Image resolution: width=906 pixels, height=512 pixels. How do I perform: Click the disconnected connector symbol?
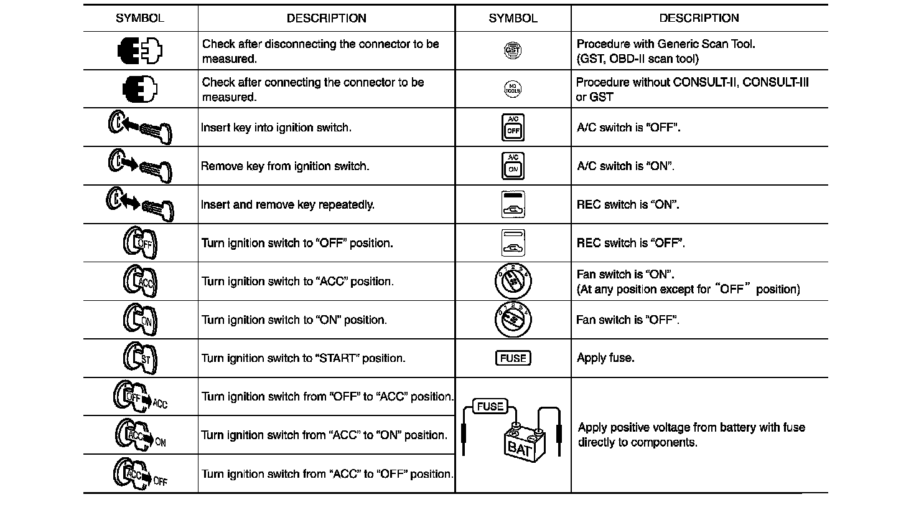(140, 51)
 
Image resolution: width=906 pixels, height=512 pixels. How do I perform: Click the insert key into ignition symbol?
(140, 128)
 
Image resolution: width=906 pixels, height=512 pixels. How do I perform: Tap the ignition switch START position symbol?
(140, 358)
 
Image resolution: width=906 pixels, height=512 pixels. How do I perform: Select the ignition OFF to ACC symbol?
(140, 397)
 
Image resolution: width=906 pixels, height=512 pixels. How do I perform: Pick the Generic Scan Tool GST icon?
(513, 51)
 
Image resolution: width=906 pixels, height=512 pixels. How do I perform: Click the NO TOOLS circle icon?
(513, 89)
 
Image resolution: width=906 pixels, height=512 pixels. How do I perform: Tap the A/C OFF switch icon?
(513, 128)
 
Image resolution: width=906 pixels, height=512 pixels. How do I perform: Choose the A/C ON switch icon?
(513, 166)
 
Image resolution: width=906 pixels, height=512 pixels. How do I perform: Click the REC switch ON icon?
(513, 204)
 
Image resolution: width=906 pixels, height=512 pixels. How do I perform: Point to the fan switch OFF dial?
(513, 320)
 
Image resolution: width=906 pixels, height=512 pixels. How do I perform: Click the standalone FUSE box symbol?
(513, 358)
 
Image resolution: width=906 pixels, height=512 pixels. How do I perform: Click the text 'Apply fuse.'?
(605, 358)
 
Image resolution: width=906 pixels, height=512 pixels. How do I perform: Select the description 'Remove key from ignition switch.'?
(285, 166)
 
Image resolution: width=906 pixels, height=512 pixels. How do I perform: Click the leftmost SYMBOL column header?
(140, 18)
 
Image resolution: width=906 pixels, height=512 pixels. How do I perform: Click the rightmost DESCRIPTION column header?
(699, 18)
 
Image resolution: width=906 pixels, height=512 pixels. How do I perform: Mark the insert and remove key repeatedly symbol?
(140, 204)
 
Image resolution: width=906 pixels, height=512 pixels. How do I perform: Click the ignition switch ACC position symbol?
(140, 282)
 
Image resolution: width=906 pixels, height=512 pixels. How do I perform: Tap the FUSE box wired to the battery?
(490, 407)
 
